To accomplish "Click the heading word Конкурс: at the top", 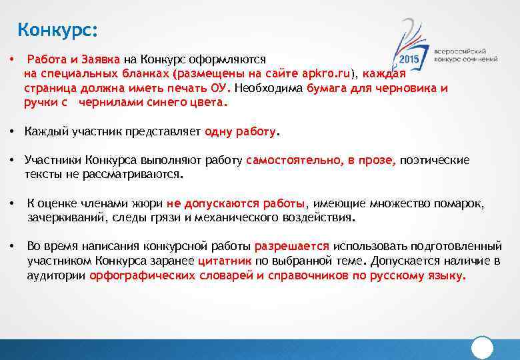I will [x=57, y=30].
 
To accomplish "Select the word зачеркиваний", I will [x=61, y=218].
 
